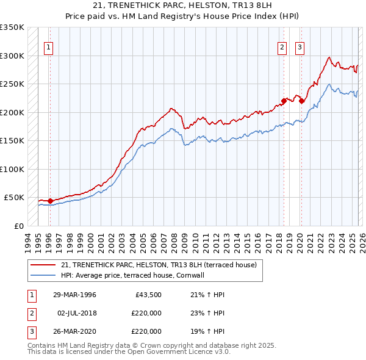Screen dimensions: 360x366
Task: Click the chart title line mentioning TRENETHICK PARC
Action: point(182,5)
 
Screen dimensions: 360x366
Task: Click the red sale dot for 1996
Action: point(50,201)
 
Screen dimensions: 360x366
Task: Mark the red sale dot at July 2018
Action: point(284,101)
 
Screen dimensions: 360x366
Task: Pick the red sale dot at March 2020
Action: point(301,101)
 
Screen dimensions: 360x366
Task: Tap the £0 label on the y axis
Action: point(18,226)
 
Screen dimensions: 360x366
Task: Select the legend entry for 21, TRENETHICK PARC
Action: point(159,265)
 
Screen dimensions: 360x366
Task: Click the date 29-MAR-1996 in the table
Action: point(74,295)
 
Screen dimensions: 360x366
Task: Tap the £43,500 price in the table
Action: point(146,295)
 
